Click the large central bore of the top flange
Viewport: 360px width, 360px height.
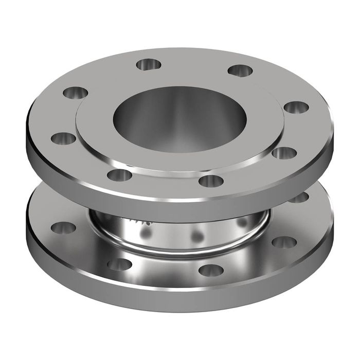coord(179,119)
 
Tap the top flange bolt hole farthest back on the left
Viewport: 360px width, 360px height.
coord(149,64)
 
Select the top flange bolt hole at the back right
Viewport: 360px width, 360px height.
coord(240,70)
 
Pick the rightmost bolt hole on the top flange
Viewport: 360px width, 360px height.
coord(296,107)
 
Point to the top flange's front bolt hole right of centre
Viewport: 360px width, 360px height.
coord(210,181)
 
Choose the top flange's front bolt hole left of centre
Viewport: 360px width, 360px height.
coord(119,175)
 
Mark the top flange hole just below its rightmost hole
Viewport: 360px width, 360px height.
coord(284,153)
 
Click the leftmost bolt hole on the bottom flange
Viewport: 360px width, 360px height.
coord(64,226)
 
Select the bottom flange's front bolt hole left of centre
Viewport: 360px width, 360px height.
coord(119,264)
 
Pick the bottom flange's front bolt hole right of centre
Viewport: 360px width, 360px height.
coord(211,269)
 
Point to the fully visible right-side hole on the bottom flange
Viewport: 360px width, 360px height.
coord(284,242)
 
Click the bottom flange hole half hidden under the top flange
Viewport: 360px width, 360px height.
coord(298,197)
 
